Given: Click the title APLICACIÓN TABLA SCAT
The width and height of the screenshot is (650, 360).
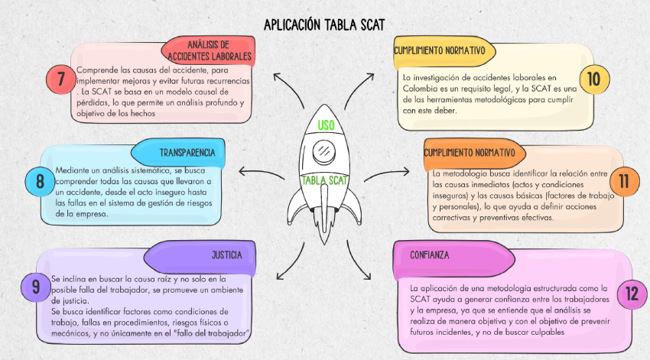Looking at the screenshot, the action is (324, 25).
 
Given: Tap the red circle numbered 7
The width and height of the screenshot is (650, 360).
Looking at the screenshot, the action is (61, 79).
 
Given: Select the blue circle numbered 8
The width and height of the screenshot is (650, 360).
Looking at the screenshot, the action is (40, 181).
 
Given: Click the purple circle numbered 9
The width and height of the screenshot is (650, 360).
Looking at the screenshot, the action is (36, 287).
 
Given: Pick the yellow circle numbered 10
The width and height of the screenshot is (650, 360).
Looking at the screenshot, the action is (594, 79).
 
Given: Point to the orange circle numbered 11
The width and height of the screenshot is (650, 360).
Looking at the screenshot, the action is (624, 181).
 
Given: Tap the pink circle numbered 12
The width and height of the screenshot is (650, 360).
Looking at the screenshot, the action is (632, 294).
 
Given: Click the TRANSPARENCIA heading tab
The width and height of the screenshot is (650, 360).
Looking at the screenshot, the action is (178, 153).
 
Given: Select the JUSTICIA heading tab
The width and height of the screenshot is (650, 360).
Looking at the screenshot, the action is (200, 255).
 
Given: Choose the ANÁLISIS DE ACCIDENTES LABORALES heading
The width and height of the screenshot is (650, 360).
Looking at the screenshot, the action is (209, 50).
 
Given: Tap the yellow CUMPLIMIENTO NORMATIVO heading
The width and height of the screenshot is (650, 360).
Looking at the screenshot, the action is (444, 51).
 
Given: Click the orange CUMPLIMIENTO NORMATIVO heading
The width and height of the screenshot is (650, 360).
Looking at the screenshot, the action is (474, 154).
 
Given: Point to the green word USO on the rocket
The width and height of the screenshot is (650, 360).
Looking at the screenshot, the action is (326, 125).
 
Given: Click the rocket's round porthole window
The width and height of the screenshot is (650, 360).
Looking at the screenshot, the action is (324, 151).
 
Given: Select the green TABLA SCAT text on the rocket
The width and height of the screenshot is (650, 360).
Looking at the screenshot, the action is (324, 180).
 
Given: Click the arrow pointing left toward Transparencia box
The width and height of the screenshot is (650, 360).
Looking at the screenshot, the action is (262, 173).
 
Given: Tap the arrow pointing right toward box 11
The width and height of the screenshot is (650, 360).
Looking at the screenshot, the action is (387, 174).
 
